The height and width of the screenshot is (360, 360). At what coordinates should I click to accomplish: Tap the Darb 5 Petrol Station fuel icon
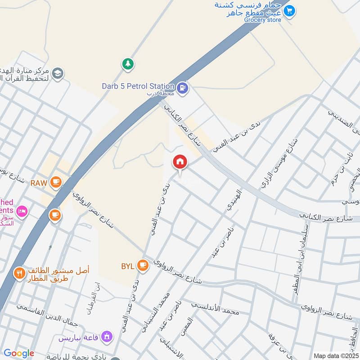(182, 87)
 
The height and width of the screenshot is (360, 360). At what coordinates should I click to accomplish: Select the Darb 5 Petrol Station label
(138, 86)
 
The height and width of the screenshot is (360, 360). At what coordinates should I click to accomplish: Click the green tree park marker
(128, 64)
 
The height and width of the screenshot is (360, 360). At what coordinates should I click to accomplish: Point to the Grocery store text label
(262, 20)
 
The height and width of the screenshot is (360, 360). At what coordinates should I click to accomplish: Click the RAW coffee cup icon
(55, 182)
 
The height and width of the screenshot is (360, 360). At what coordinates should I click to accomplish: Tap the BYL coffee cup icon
(143, 265)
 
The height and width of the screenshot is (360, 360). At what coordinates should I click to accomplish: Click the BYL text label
(127, 266)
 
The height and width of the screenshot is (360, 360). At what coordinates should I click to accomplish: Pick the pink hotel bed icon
(22, 210)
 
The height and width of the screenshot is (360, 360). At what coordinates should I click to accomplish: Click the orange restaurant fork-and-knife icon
(19, 273)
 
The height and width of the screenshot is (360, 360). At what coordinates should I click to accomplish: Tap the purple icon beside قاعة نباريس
(107, 336)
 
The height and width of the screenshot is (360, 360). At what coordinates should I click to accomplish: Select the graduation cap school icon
(58, 73)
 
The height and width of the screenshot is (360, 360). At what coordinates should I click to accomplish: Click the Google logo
(18, 353)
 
